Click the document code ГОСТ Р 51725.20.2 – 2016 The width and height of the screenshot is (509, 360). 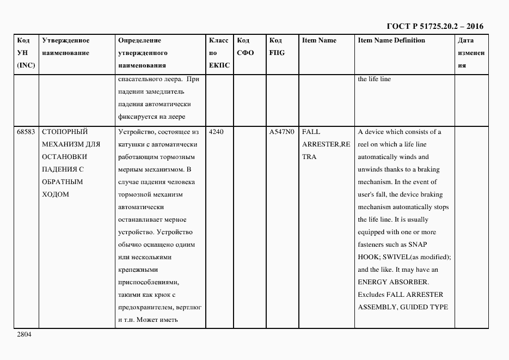(435, 26)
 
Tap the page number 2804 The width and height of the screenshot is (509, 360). (24, 334)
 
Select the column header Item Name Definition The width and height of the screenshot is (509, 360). (391, 41)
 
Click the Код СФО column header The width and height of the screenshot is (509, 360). (246, 47)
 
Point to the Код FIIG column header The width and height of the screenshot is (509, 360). (277, 47)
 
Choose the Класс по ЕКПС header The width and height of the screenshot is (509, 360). (219, 53)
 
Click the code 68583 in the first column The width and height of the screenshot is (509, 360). (26, 132)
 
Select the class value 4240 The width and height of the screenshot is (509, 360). (216, 132)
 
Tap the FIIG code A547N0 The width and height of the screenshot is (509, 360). (281, 132)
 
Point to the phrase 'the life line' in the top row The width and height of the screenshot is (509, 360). (374, 79)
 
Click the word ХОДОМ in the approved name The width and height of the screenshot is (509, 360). (56, 194)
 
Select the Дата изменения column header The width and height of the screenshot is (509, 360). (471, 53)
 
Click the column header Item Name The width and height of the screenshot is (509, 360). (319, 41)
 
